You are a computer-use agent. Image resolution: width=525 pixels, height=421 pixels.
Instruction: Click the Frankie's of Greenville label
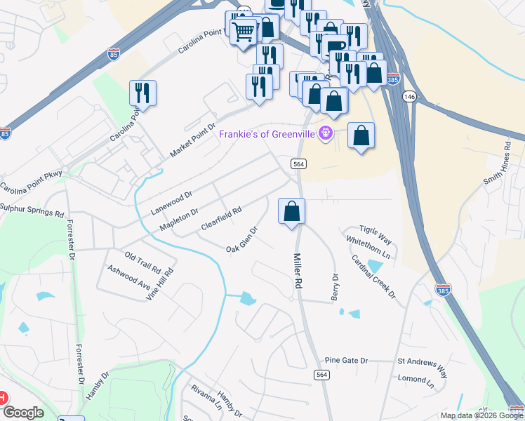point(267,134)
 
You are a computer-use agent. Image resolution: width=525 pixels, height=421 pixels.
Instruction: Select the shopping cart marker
point(243,32)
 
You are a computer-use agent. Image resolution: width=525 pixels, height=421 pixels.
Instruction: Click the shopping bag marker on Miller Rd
point(292,211)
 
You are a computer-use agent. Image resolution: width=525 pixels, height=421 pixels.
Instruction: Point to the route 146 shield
point(411,97)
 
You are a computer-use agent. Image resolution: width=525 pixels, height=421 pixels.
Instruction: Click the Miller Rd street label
point(298,271)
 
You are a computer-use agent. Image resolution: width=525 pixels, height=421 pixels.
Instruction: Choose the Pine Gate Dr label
point(346,361)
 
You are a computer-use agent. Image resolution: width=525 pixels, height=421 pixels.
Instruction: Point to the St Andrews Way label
point(423,364)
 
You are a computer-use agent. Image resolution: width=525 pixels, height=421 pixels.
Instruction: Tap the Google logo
point(23,413)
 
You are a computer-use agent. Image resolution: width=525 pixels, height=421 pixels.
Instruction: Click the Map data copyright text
point(481,415)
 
